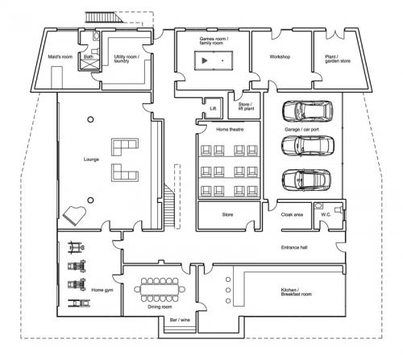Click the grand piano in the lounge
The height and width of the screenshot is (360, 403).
(74, 215)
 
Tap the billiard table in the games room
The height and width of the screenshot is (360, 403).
(214, 60)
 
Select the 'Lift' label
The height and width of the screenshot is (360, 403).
(213, 109)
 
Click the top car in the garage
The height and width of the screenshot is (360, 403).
(307, 111)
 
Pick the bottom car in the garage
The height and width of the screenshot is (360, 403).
(306, 180)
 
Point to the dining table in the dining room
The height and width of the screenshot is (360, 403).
(160, 289)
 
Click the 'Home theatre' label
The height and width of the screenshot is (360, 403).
(230, 130)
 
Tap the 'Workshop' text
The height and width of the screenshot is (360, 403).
(280, 57)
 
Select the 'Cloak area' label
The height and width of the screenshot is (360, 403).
(292, 215)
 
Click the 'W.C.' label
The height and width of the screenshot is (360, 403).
(326, 215)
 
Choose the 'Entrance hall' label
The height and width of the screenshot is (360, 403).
(294, 247)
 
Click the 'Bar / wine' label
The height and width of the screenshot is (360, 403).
(180, 320)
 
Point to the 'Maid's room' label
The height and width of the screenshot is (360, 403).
(60, 57)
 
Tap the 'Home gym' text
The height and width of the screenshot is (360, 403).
(102, 290)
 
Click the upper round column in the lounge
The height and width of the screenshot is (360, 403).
(90, 119)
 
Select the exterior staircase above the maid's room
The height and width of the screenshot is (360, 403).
(104, 17)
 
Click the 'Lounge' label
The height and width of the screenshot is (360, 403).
(91, 159)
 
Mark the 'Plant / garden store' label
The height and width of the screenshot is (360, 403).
(338, 59)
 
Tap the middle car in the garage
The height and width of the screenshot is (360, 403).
(308, 146)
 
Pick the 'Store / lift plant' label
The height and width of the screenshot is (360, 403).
(246, 106)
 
